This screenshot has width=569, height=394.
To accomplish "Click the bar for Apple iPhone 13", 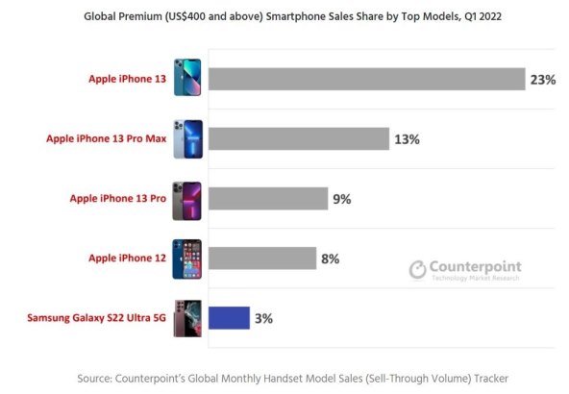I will (x=366, y=79).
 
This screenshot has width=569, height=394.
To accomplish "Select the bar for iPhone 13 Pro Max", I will (x=298, y=138).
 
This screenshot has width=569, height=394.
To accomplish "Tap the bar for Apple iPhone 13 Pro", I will (x=268, y=198).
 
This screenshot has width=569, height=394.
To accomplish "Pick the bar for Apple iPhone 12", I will (x=262, y=258).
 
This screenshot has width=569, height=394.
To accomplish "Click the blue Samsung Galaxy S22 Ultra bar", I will (x=230, y=317).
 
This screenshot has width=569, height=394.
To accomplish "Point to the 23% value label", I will (x=542, y=80).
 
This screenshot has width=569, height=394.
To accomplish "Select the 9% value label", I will (x=342, y=199).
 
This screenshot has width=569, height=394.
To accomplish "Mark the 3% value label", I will (x=264, y=318).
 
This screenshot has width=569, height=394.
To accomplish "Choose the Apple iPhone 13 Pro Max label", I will (x=106, y=138).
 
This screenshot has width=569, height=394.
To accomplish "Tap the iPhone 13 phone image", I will (x=188, y=78).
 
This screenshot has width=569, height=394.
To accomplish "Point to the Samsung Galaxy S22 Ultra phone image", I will (x=188, y=317).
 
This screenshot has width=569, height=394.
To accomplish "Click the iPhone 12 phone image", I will (x=188, y=258).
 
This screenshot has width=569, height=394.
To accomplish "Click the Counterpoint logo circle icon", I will (x=417, y=269).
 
